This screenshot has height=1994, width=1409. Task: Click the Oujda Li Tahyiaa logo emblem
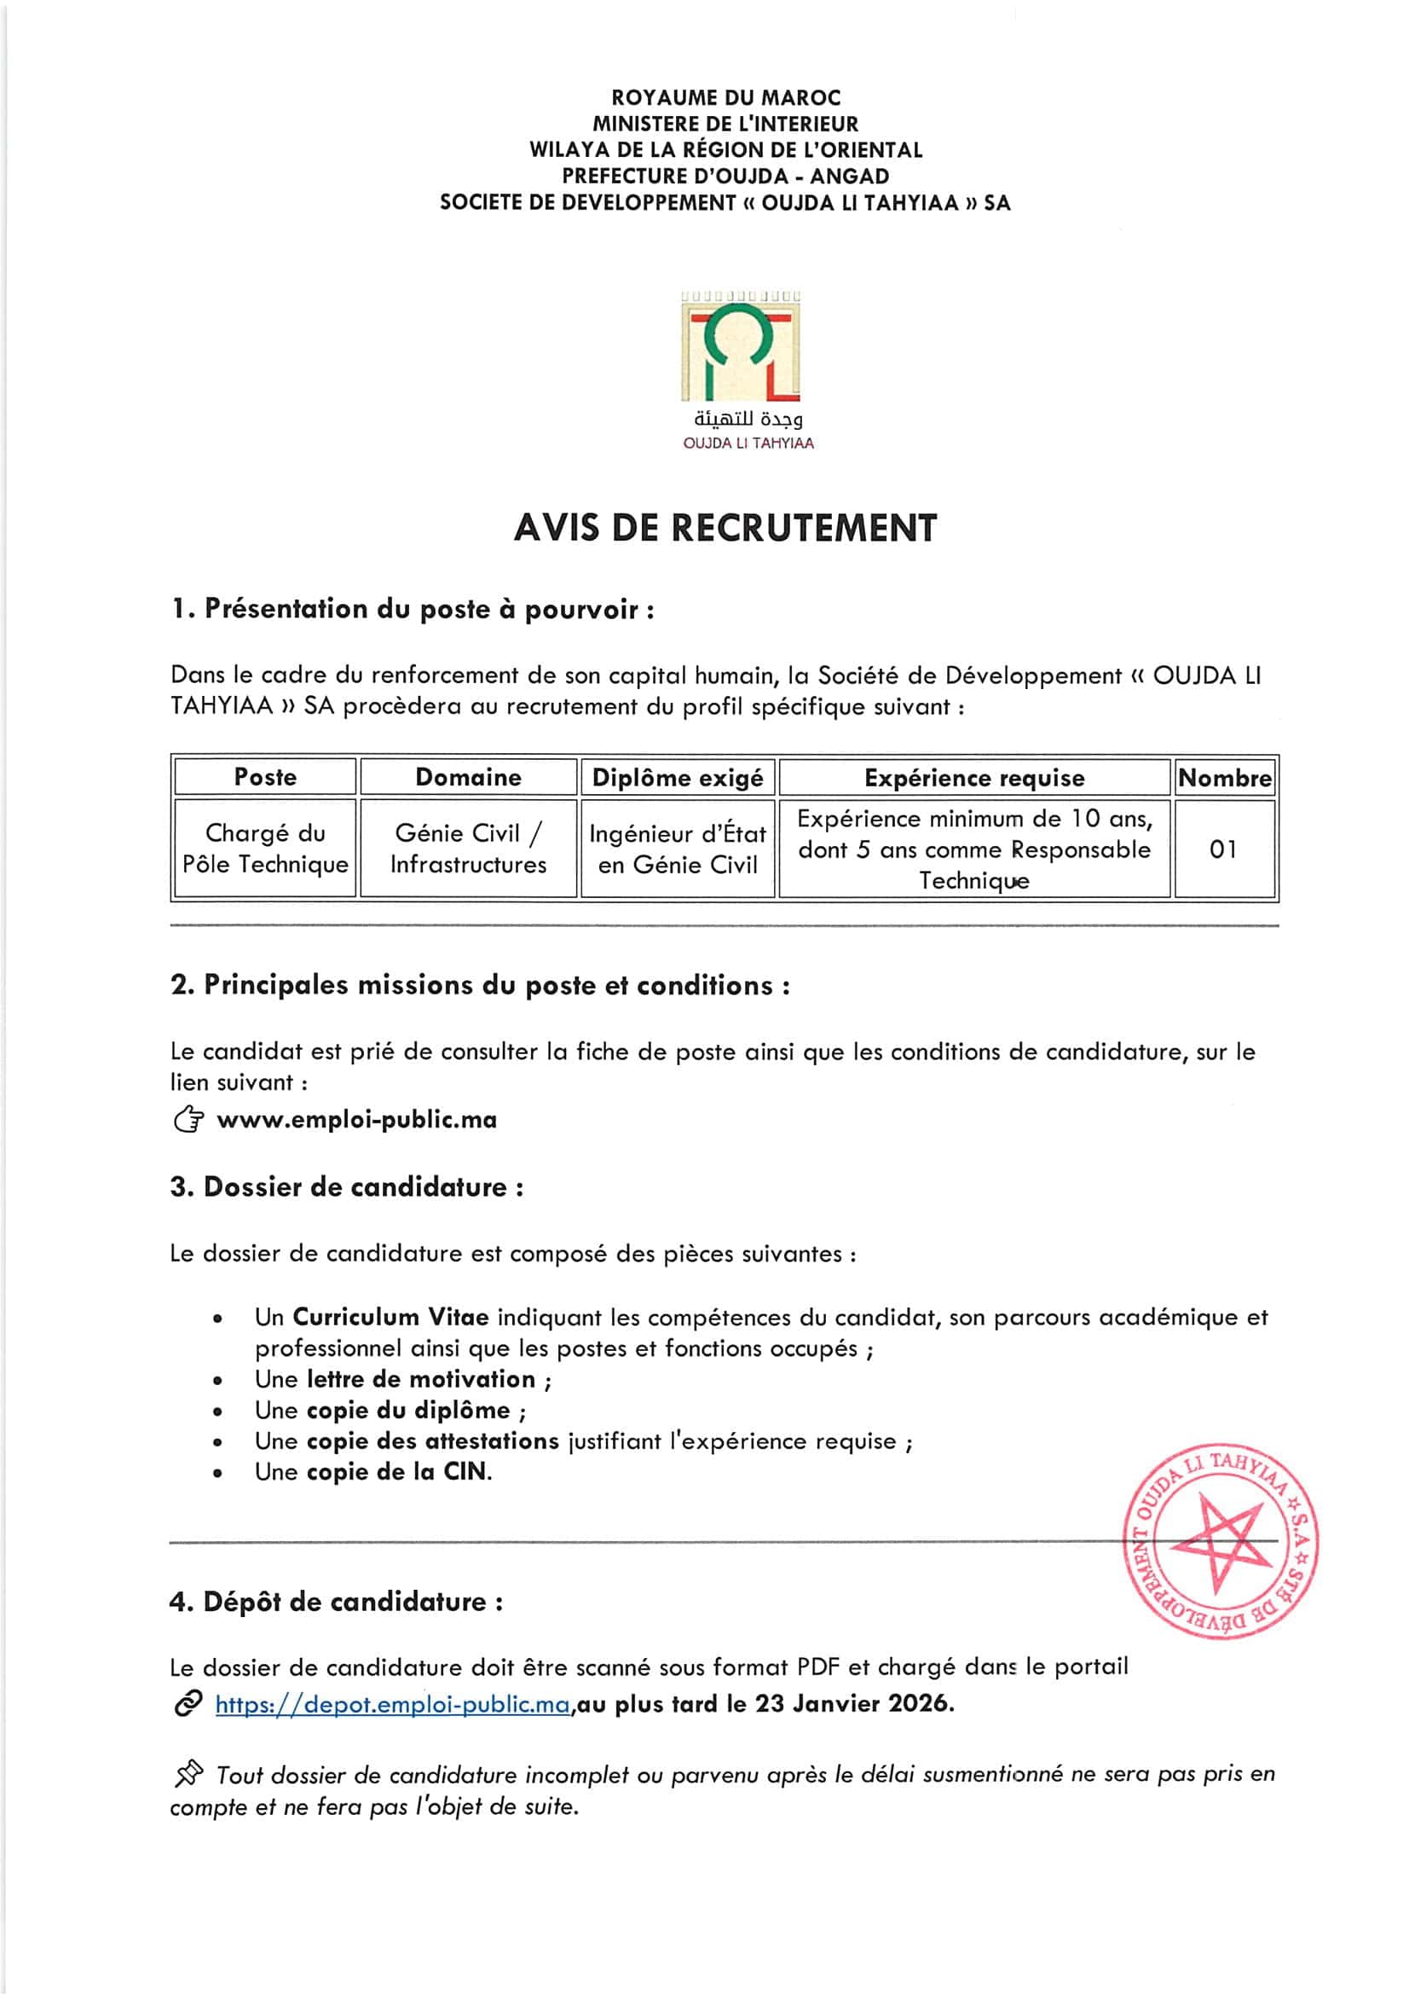(741, 347)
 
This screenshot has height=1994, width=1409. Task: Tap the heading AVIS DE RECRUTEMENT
(725, 528)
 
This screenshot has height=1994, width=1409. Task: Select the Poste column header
(265, 776)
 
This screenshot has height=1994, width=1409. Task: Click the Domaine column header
(468, 776)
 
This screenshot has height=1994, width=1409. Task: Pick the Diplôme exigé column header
(677, 777)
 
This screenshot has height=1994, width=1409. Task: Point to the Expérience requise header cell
(974, 777)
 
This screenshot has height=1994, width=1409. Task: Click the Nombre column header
(1224, 777)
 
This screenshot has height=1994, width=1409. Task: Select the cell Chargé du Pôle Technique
(265, 849)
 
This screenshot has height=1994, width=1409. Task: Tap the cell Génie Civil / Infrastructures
(468, 849)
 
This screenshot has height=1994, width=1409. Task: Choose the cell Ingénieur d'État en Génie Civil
(677, 849)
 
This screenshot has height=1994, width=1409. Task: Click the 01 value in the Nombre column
(1223, 849)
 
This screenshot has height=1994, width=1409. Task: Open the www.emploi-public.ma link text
(357, 1120)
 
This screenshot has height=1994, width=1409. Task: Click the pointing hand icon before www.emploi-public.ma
(188, 1120)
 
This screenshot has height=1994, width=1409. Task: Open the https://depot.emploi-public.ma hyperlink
(392, 1704)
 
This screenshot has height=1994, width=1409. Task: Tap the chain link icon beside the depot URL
(188, 1704)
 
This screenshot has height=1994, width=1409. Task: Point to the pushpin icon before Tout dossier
(188, 1773)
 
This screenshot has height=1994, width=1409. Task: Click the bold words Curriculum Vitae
(390, 1317)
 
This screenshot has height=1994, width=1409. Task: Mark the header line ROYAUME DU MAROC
(725, 97)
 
